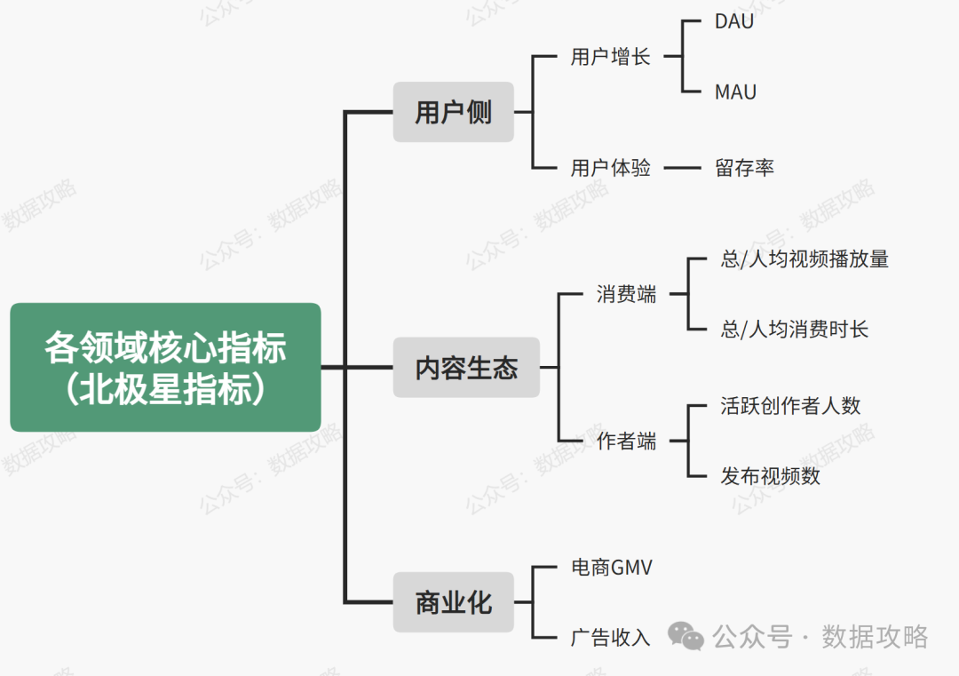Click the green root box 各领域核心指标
pos(165,367)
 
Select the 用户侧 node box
pos(453,113)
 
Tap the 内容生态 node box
pos(466,368)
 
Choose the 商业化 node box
pos(453,603)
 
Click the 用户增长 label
pos(610,57)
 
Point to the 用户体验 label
pos(610,167)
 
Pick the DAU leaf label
pos(734,21)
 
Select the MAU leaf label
pos(735,91)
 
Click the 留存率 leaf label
pos(744,167)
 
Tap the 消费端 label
pos(626,295)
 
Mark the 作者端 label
pos(626,441)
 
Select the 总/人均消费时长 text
pos(794,330)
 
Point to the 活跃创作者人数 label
pos(790,406)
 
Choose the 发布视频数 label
pos(770,476)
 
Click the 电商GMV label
pos(611,567)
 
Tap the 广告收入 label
pos(610,637)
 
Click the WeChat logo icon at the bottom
pos(686,636)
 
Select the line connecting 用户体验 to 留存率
pos(684,167)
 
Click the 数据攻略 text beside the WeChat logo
pos(875,636)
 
